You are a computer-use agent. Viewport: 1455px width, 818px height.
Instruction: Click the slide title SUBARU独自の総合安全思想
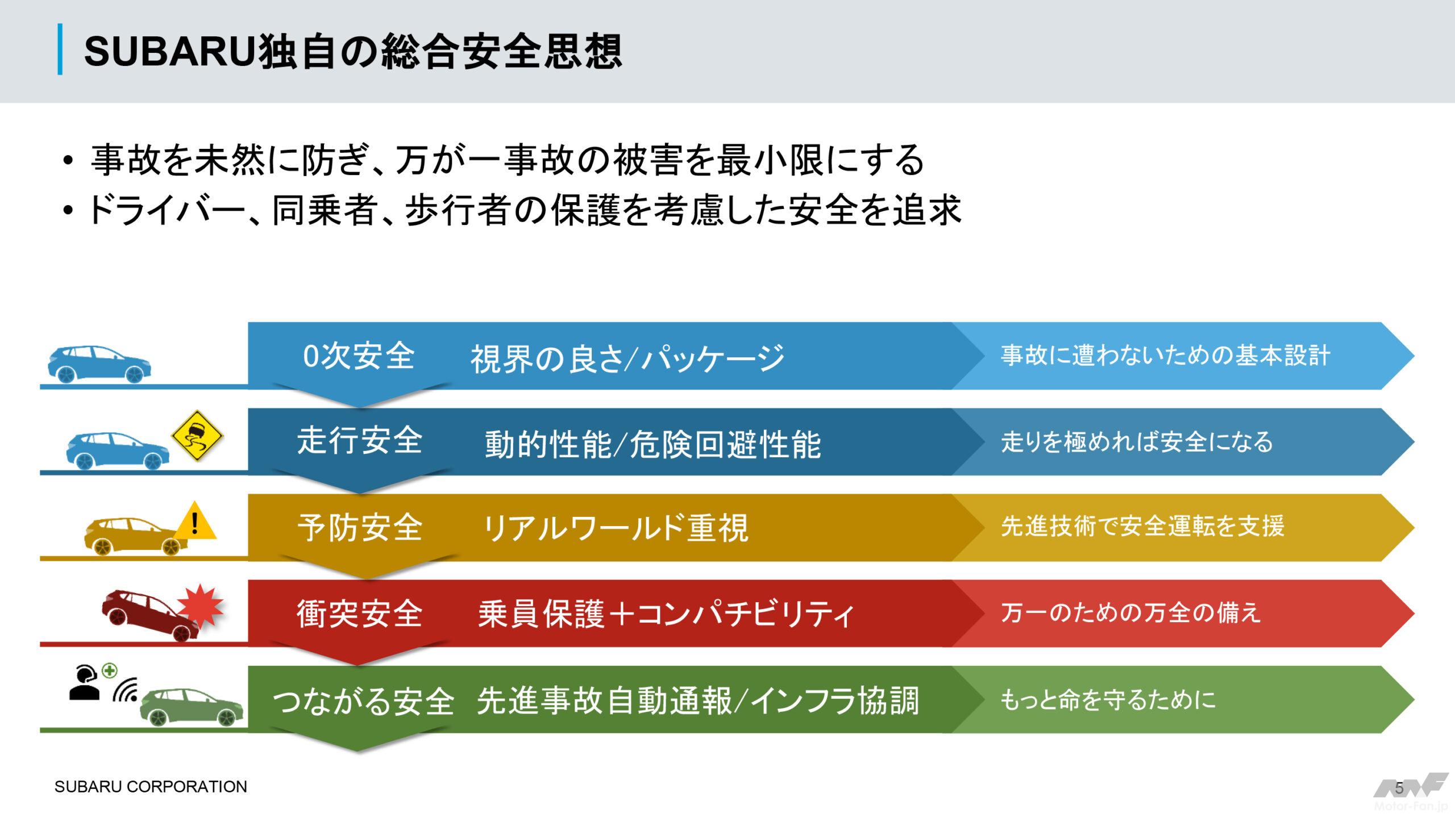pyautogui.click(x=353, y=51)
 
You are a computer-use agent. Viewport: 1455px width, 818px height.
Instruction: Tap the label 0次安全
pyautogui.click(x=359, y=357)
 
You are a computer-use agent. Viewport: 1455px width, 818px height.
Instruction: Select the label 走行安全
pyautogui.click(x=359, y=441)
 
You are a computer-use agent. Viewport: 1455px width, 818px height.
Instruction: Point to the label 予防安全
pyautogui.click(x=359, y=527)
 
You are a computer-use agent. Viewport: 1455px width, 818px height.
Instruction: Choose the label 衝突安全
pyautogui.click(x=359, y=613)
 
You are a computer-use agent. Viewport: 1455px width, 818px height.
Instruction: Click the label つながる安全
pyautogui.click(x=363, y=701)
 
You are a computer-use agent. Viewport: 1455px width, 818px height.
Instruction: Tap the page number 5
pyautogui.click(x=1399, y=788)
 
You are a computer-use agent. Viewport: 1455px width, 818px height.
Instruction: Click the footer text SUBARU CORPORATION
pyautogui.click(x=151, y=787)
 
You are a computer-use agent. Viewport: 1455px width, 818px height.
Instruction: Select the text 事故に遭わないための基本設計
pyautogui.click(x=1165, y=356)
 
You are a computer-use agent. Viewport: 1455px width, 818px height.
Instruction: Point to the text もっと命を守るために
pyautogui.click(x=1108, y=699)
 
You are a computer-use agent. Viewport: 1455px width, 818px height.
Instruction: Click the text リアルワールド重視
pyautogui.click(x=615, y=528)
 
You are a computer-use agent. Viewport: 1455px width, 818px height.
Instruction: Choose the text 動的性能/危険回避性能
pyautogui.click(x=652, y=444)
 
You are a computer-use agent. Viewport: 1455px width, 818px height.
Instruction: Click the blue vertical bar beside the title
pyautogui.click(x=60, y=50)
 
